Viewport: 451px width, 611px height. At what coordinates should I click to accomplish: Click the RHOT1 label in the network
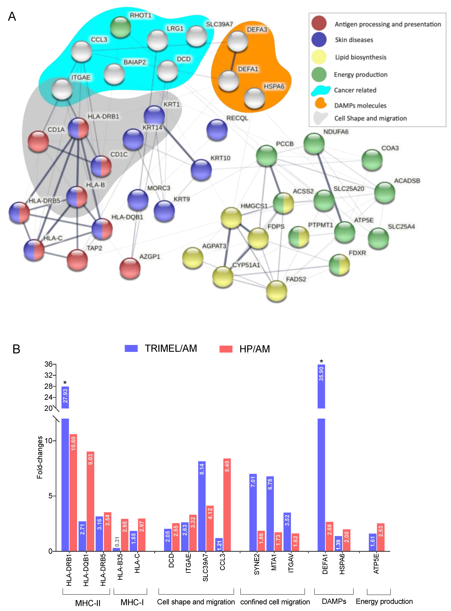coord(140,15)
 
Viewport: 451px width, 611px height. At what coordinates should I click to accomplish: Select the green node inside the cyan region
coord(120,27)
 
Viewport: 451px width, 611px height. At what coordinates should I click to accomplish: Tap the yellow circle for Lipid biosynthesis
coord(319,57)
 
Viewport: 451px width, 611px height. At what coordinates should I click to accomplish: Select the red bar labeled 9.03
coord(90,502)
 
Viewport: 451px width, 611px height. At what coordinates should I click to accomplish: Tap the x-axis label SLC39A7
coord(205,567)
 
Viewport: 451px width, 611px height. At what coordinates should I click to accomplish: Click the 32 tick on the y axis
coord(48,375)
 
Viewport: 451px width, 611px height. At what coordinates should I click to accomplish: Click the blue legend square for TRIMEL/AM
coord(131,348)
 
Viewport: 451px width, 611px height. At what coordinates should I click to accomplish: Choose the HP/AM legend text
coord(254,349)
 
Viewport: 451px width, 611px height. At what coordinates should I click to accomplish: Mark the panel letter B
coord(16,349)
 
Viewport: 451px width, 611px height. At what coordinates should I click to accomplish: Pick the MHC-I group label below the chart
coord(132,602)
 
